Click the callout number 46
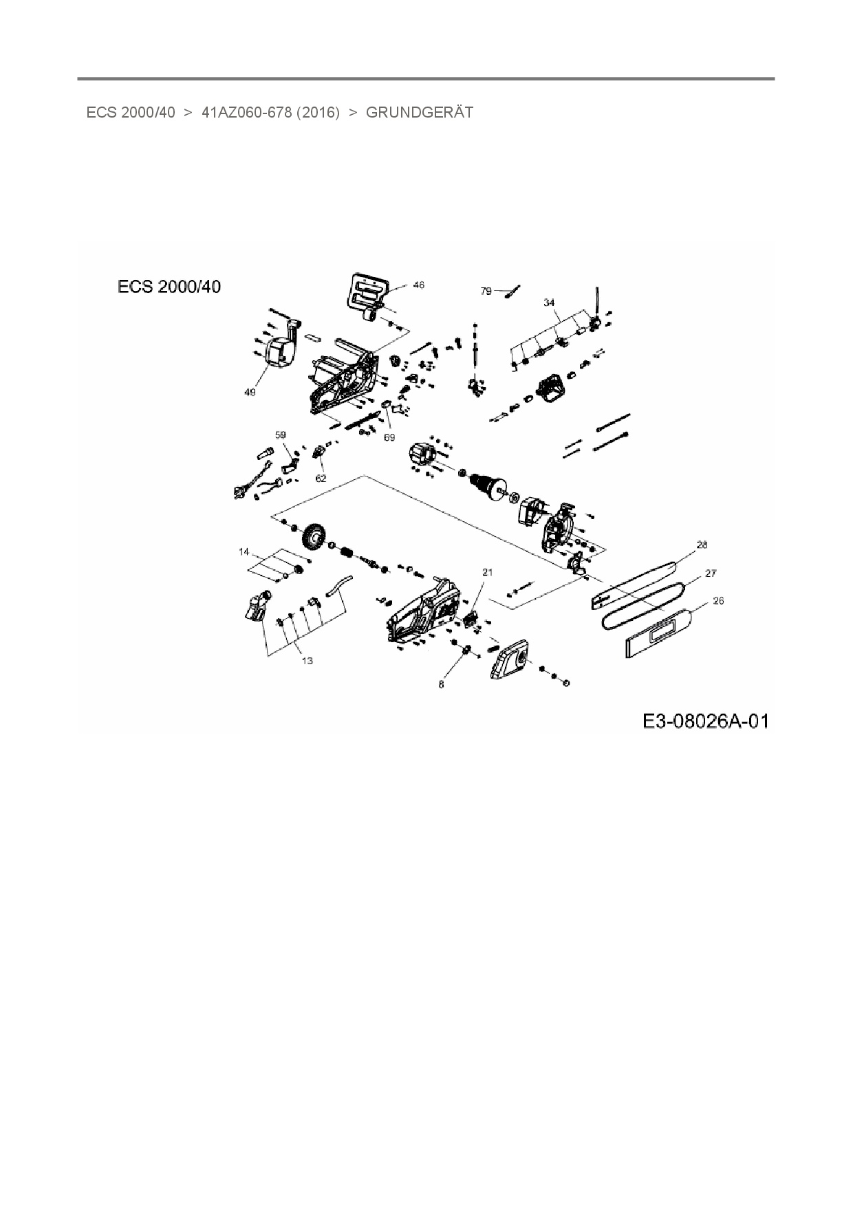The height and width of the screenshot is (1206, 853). click(418, 285)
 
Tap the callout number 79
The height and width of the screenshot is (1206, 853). click(486, 292)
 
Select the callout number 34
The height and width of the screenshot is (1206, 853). click(549, 303)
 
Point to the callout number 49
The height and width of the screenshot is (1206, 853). click(250, 392)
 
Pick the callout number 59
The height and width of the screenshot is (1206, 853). click(280, 435)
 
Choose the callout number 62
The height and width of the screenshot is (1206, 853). click(321, 479)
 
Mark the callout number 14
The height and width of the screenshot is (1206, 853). click(244, 552)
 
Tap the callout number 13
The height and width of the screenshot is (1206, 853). click(307, 661)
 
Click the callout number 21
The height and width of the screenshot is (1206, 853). click(488, 572)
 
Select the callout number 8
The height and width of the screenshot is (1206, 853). click(442, 684)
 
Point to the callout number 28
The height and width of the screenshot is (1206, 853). click(702, 545)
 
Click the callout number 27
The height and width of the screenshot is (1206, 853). click(711, 573)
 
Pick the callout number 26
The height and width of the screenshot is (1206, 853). click(719, 600)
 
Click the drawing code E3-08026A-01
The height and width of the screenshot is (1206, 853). click(705, 721)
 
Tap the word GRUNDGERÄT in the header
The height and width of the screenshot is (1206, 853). click(420, 113)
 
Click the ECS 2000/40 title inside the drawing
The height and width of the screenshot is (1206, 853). click(169, 287)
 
